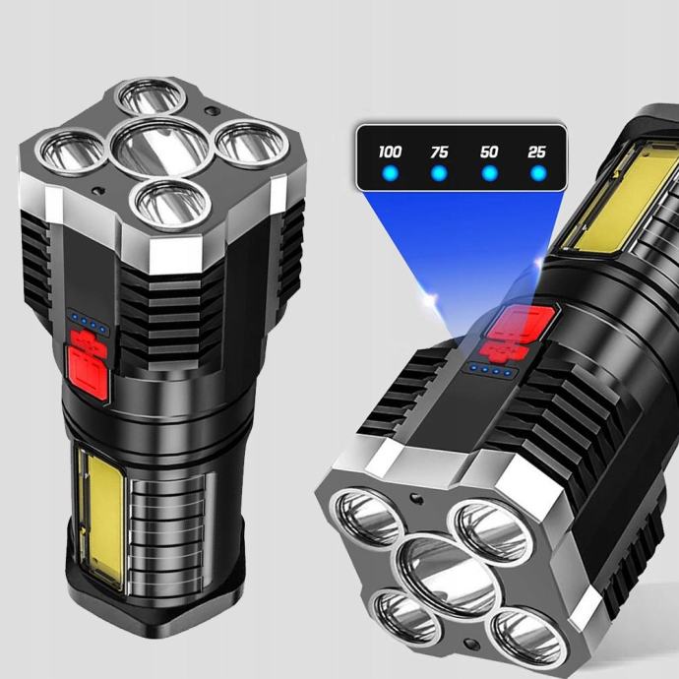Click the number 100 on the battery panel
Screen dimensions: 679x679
click(x=390, y=152)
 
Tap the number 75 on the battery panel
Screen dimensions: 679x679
click(x=439, y=152)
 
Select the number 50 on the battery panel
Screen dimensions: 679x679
click(x=489, y=152)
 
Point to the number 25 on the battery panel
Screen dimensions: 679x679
click(x=536, y=152)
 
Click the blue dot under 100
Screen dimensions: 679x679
click(x=390, y=173)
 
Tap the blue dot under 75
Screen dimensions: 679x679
click(x=439, y=173)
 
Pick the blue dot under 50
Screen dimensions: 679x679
click(x=490, y=173)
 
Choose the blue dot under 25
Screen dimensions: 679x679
click(x=538, y=173)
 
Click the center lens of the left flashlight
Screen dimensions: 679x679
click(x=160, y=148)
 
